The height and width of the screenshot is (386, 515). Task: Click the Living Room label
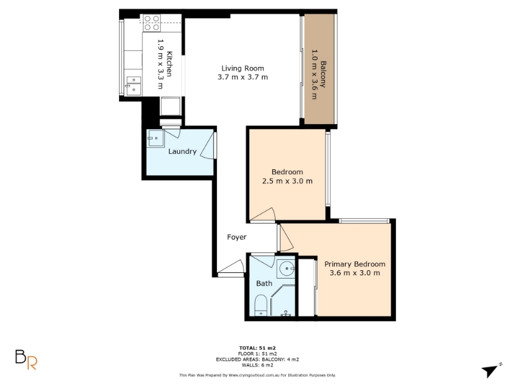point(243,68)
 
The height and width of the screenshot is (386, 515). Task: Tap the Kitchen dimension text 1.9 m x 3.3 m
point(160,64)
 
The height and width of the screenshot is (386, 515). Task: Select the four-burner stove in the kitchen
point(152,23)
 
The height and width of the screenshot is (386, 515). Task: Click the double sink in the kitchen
point(134,86)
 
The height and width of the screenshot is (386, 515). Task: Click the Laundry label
point(182,151)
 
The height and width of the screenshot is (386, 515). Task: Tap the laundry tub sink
point(155,138)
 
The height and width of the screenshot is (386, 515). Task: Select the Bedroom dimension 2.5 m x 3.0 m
point(287,181)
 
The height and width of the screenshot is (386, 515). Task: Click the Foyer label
point(237,237)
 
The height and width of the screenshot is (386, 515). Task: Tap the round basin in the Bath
point(286,269)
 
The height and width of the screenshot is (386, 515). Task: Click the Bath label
point(265,283)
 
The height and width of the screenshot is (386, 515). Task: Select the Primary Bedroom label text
point(355,264)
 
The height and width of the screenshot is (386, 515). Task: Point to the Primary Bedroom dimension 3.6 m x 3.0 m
point(355,273)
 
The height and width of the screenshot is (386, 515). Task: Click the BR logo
point(26,360)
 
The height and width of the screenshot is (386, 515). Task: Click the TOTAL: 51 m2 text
point(257,348)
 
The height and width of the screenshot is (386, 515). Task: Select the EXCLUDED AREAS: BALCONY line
point(257,360)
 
